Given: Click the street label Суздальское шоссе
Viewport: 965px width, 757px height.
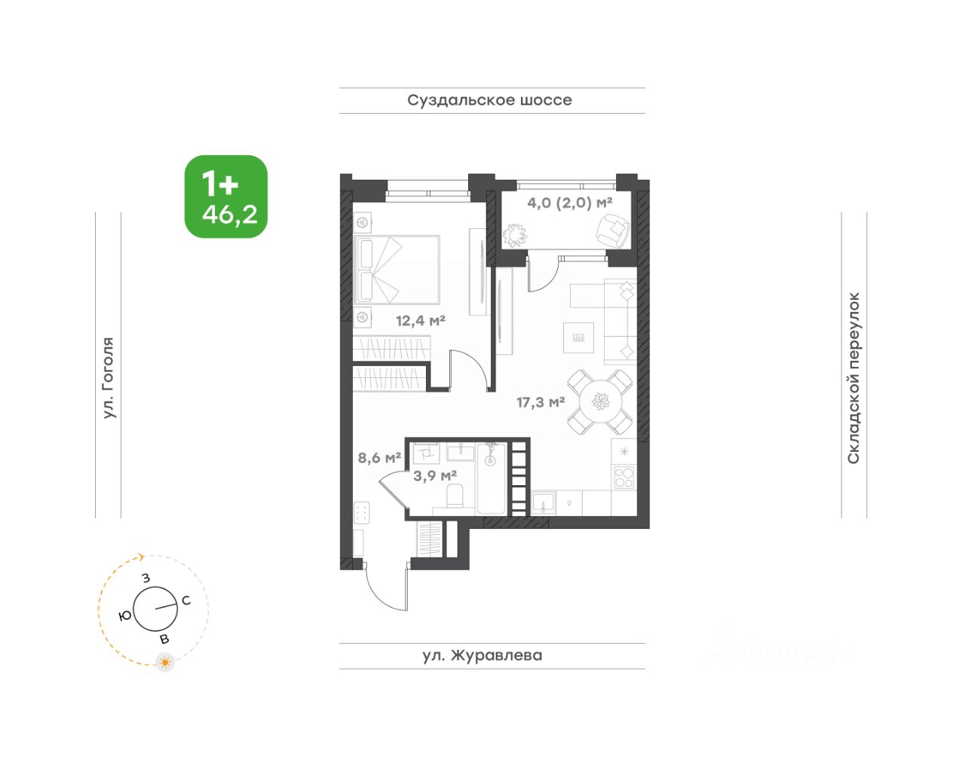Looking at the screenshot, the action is point(489,100).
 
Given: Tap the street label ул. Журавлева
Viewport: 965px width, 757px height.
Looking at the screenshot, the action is point(482,655).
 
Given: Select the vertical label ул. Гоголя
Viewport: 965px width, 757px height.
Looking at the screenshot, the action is point(109,378).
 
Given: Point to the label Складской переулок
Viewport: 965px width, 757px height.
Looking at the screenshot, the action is point(853,378).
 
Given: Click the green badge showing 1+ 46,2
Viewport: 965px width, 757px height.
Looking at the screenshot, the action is point(226,197).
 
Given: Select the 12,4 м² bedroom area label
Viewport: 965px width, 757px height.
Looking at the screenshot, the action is point(421,320).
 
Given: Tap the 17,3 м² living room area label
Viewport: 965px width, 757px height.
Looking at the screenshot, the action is point(541,402).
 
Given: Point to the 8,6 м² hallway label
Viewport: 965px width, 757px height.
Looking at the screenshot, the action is point(380,457).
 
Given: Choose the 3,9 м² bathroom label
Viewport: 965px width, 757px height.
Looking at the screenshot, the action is point(435,476).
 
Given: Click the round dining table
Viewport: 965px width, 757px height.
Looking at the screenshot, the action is point(601,401).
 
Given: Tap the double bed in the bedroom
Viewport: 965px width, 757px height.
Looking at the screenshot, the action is point(397,270).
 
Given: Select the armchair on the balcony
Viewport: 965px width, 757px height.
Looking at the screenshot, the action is point(612,230).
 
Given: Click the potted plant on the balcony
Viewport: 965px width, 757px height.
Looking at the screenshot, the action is point(515,234).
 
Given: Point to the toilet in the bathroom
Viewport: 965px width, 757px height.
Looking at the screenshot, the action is point(455,495).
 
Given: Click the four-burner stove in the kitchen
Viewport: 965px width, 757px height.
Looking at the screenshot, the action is point(624,477).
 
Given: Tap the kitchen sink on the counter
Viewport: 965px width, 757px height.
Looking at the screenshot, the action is point(543,502).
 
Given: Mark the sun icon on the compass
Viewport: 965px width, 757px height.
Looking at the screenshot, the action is point(166,663).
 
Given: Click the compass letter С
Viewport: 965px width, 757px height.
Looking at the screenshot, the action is point(186,600).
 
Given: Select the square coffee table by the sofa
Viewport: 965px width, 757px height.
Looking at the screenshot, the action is point(578,337).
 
